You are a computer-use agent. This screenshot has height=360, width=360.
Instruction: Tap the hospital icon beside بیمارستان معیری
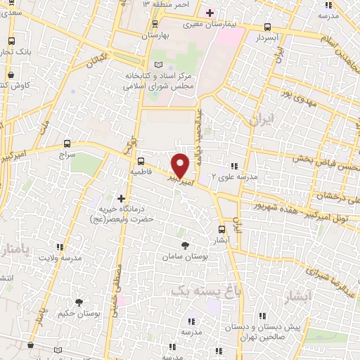(x=209, y=13)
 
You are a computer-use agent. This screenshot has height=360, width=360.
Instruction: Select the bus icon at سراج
(x=67, y=142)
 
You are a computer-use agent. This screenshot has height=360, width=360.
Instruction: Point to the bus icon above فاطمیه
(x=141, y=160)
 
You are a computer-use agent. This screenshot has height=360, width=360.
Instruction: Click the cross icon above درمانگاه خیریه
(x=122, y=199)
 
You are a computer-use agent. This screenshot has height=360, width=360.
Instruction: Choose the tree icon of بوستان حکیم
(x=79, y=302)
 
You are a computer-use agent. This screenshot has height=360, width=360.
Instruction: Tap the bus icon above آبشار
(x=222, y=229)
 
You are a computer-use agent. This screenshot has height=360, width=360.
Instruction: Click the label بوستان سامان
(x=186, y=258)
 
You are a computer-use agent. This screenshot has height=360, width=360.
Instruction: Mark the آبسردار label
(x=269, y=35)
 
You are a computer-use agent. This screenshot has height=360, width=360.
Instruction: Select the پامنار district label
(x=13, y=251)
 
